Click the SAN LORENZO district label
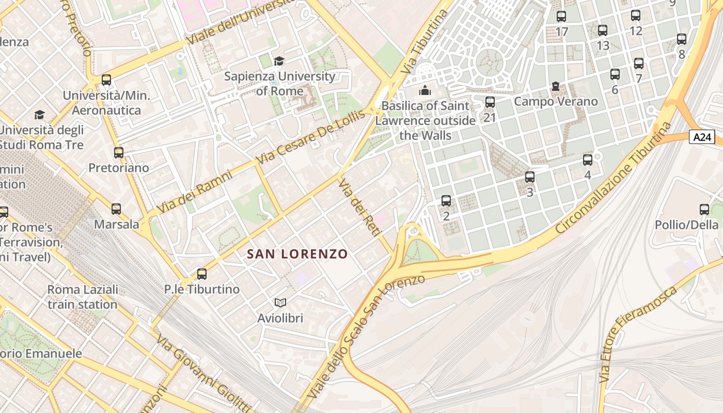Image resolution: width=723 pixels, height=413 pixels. coord(297,254)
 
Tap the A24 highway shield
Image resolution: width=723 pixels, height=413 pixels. coord(703,137)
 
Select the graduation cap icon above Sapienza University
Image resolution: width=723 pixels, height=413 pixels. coord(279,61)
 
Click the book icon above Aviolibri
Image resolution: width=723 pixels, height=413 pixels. coord(280,303)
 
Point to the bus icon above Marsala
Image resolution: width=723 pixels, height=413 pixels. coord(116,209)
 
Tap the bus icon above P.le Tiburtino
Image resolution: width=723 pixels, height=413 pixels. coord(202,274)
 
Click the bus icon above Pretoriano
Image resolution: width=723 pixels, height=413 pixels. coord(119,153)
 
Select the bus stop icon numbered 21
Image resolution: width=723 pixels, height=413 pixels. coord(490,102)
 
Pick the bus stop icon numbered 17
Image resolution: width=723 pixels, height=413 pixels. coord(561,17)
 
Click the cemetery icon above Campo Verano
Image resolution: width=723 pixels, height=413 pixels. coord(556,86)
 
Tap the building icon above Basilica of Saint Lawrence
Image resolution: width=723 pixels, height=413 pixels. coord(425,91)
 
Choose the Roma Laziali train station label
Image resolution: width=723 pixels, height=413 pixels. coord(83,297)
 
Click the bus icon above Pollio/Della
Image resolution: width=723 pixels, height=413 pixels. coord(704,210)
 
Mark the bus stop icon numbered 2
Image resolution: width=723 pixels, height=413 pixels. coord(446,201)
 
